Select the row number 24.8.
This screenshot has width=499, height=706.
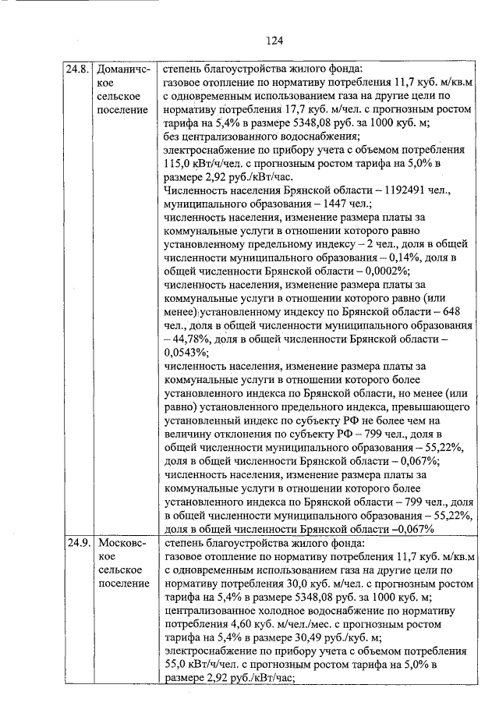[78, 69]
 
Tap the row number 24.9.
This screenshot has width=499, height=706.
[78, 544]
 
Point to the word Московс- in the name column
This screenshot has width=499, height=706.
[121, 544]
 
